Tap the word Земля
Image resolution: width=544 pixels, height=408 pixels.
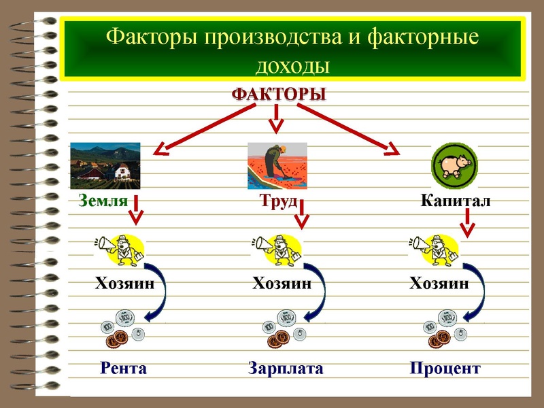point(103,201)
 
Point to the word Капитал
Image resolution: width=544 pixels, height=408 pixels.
point(456,201)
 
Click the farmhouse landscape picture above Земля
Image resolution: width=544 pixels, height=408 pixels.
point(105,165)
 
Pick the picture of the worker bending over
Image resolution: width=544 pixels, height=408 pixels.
point(277,165)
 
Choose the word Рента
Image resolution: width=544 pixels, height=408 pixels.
point(123,369)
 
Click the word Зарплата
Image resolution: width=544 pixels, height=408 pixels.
point(286,369)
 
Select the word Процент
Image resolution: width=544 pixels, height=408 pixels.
point(445,369)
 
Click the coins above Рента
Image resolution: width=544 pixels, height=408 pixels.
point(123,327)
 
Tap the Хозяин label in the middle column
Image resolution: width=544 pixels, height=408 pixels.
point(282,284)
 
